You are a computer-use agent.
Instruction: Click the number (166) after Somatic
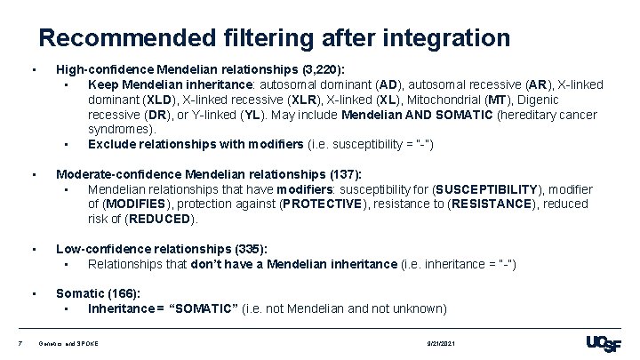point(123,293)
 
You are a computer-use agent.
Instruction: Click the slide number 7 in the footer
point(8,342)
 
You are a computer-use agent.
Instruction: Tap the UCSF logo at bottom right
point(604,343)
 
